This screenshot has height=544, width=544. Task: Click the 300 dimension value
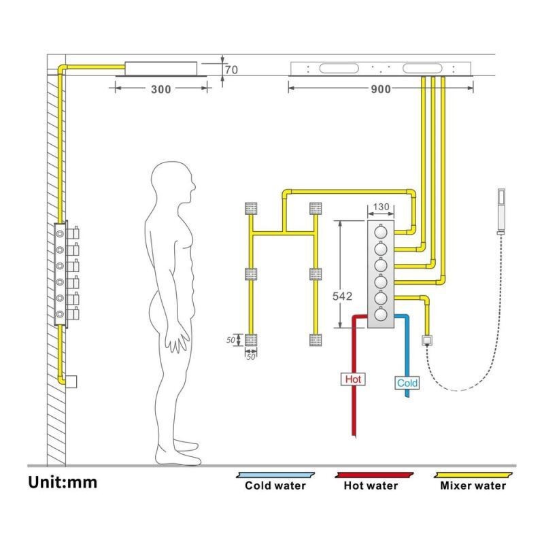tap(161, 90)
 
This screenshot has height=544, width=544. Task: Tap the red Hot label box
tap(354, 379)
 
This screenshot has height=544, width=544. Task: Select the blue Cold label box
tap(407, 383)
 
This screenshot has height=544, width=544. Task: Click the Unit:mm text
tap(63, 483)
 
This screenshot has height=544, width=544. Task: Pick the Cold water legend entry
tap(275, 486)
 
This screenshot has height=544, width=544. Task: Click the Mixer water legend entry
tap(473, 486)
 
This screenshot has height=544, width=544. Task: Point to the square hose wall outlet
tap(428, 339)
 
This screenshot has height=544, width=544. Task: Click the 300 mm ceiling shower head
tap(161, 68)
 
